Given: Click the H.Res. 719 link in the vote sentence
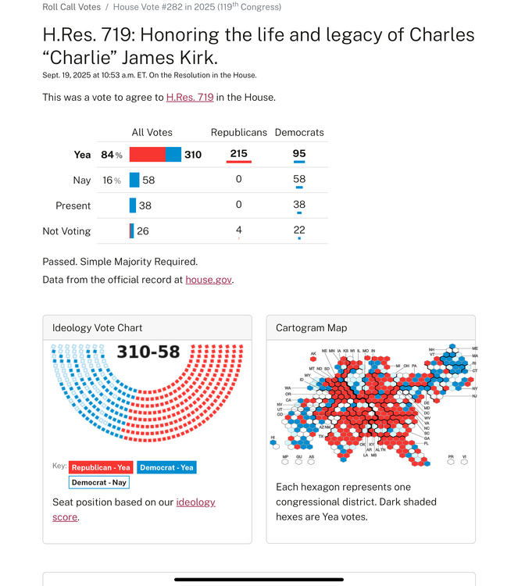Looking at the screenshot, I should tap(190, 98).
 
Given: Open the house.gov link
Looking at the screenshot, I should tap(209, 280).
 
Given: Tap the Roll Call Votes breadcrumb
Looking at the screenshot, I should tap(71, 7).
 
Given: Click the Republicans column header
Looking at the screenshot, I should tap(238, 133).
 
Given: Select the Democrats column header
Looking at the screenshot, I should tap(299, 133).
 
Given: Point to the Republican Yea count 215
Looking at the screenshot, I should tap(238, 154).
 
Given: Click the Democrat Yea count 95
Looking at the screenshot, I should tap(299, 154).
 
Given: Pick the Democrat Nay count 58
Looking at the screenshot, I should tap(299, 179).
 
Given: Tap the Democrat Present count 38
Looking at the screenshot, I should tap(299, 205).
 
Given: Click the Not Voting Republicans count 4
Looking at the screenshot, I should tap(238, 230).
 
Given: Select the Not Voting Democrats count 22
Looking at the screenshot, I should tap(299, 230).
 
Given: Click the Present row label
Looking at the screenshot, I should tap(73, 205).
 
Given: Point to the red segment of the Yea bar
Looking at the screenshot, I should tap(147, 155).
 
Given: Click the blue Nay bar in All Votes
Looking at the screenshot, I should tap(134, 180).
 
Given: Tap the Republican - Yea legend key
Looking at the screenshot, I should tap(101, 467).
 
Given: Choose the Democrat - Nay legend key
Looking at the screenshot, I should tap(99, 482).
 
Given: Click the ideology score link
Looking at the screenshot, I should tap(195, 502).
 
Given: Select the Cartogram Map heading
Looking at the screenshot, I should tap(311, 328).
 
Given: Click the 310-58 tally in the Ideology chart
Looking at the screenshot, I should tap(148, 353).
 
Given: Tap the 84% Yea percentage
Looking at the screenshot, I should tap(112, 155).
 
